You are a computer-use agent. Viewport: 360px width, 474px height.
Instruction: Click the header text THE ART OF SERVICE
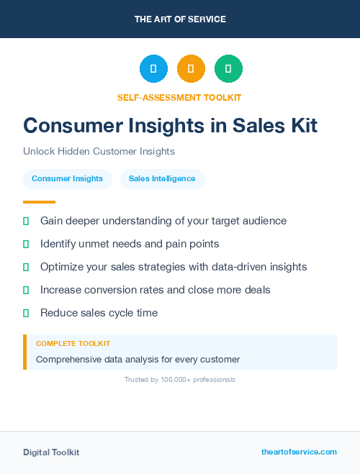click(x=180, y=19)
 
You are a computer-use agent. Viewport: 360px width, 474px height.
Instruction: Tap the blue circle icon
click(x=153, y=68)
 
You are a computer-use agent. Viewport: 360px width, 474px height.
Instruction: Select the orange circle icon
click(x=191, y=68)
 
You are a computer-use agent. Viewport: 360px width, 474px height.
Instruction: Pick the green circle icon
click(x=228, y=68)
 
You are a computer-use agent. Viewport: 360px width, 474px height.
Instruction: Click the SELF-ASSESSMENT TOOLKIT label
click(x=179, y=97)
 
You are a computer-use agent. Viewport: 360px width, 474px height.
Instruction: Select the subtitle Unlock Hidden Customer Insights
click(x=99, y=152)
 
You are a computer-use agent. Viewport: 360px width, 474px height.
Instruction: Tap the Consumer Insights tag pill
click(x=67, y=178)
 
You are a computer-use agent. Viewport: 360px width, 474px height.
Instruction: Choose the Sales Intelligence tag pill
click(x=162, y=178)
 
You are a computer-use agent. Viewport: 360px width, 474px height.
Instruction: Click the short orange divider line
click(x=39, y=202)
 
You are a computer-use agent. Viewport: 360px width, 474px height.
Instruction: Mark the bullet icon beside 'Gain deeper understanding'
click(x=26, y=221)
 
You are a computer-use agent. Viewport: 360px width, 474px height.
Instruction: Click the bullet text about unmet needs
click(x=130, y=244)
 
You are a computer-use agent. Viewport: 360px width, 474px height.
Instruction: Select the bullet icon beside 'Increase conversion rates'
click(x=26, y=290)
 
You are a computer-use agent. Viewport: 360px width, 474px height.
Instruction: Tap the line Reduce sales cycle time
click(x=99, y=313)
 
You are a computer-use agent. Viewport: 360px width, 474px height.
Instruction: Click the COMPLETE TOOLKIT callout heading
click(x=73, y=344)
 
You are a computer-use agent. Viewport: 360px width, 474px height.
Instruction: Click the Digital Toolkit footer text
click(x=51, y=452)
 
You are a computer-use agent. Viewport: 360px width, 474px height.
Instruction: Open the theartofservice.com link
click(x=299, y=452)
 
